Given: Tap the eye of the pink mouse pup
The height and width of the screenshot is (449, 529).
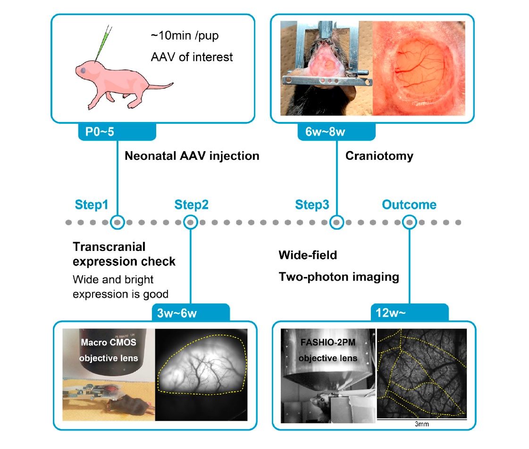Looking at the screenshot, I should point(84,70).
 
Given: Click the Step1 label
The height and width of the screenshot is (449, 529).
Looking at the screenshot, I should point(92,205).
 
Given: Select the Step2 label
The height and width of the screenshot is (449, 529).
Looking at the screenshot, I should point(191,205).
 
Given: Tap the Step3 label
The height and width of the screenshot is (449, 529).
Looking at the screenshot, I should point(312,205).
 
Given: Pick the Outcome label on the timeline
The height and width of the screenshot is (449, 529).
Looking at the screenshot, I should point(409,205).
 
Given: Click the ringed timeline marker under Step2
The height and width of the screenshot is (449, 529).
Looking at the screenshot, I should point(190,222).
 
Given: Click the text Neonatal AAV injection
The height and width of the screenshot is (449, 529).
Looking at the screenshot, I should point(192,155).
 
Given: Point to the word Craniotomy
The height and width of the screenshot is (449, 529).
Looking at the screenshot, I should point(379,155).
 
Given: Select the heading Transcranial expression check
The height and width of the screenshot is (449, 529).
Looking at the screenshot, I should point(124,254).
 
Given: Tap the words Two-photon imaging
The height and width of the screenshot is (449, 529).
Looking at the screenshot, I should point(338,277).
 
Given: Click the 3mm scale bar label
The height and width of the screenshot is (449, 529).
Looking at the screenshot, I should point(421,425).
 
